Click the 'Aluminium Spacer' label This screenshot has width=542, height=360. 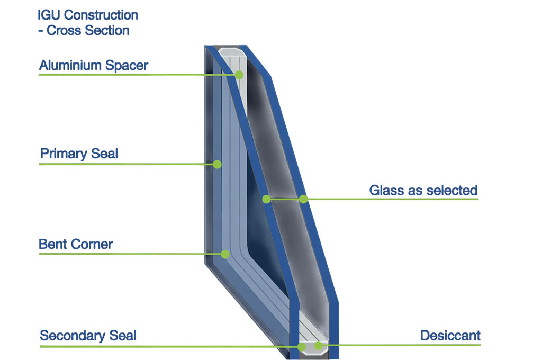[94, 66]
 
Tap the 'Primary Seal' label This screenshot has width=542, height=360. [79, 155]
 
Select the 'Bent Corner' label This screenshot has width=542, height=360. [76, 245]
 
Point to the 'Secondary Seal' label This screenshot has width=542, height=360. [88, 336]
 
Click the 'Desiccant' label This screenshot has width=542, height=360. [450, 335]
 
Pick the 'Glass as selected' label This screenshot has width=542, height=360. [423, 190]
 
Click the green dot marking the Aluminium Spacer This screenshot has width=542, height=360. [239, 75]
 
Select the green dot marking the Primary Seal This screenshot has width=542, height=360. [217, 165]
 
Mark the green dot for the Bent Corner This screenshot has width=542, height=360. [225, 254]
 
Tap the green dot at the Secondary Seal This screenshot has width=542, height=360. [302, 347]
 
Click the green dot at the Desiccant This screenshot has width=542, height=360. [318, 346]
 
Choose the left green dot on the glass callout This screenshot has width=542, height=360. [267, 199]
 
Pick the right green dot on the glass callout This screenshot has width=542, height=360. [303, 199]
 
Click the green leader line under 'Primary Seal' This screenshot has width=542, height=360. [127, 165]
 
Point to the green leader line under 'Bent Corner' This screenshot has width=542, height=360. [127, 254]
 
